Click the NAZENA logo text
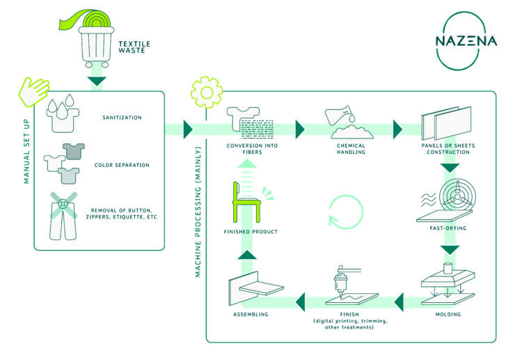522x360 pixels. coord(466,41)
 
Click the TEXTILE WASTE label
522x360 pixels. coord(135,47)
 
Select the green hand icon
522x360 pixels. coord(33,93)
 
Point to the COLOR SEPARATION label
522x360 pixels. coord(122,165)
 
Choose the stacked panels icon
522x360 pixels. coord(446,123)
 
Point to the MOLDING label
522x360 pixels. coord(448,315)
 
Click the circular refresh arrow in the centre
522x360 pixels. coord(345,209)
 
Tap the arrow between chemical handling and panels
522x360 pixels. coord(398,130)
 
